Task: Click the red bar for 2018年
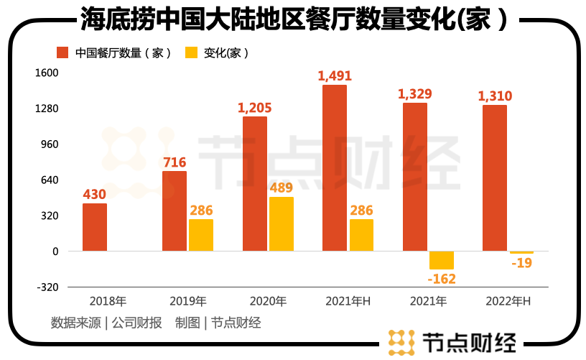(x=95, y=227)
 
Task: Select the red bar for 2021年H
(x=335, y=168)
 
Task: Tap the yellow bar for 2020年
(x=282, y=223)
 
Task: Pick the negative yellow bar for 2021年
(x=442, y=260)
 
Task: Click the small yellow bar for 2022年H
(x=521, y=252)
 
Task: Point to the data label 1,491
(x=335, y=75)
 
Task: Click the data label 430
(x=95, y=194)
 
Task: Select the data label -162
(x=442, y=279)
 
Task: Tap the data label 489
(x=282, y=188)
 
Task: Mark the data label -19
(x=521, y=264)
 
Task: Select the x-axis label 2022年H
(x=508, y=301)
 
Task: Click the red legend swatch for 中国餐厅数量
(x=62, y=52)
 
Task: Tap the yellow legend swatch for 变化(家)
(x=192, y=52)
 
